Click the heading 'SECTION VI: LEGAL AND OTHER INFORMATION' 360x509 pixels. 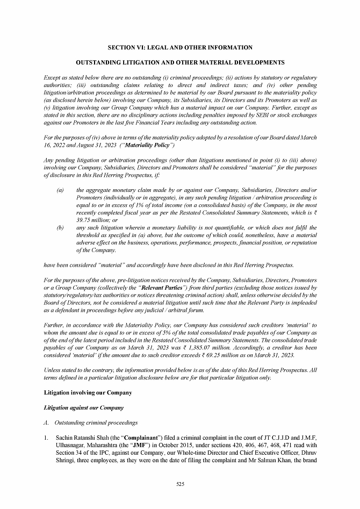(x=180, y=48)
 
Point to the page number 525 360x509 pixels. (x=180, y=485)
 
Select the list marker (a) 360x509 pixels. (x=60, y=191)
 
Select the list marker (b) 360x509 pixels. (x=60, y=228)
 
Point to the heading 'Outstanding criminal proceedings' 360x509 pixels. (x=96, y=422)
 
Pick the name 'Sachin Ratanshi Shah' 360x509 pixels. (x=79, y=438)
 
